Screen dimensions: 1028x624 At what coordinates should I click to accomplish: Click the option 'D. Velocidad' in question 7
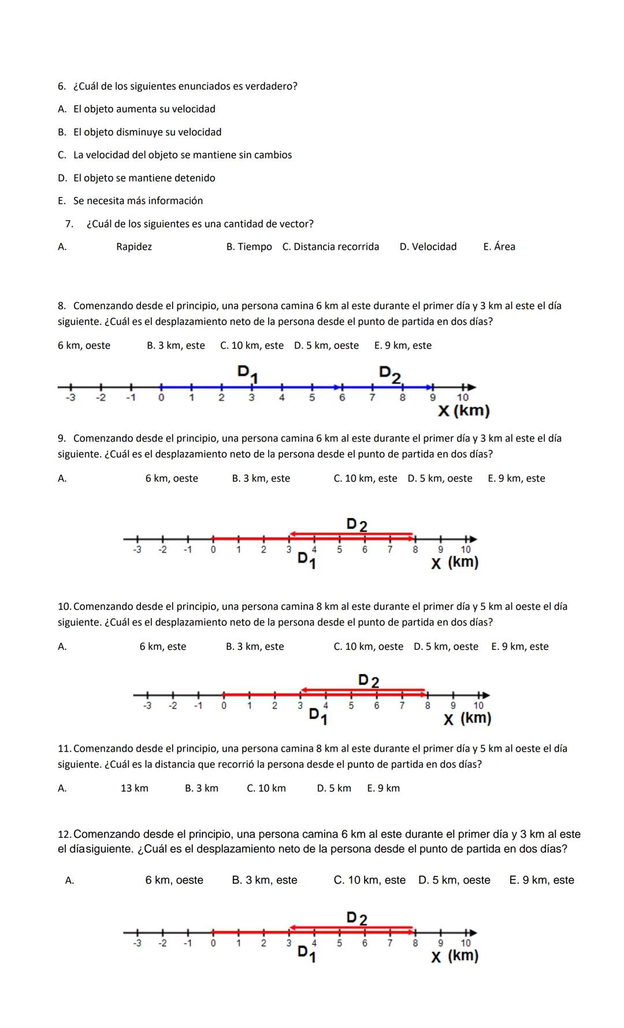pyautogui.click(x=428, y=247)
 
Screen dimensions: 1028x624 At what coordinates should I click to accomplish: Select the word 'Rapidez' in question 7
pyautogui.click(x=134, y=247)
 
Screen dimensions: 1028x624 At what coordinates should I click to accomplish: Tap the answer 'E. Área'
pyautogui.click(x=499, y=247)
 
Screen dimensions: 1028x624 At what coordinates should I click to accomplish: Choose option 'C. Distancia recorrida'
pyautogui.click(x=330, y=247)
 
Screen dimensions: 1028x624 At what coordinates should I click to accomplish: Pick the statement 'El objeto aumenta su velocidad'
pyautogui.click(x=144, y=109)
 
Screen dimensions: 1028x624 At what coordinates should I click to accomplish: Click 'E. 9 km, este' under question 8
pyautogui.click(x=403, y=346)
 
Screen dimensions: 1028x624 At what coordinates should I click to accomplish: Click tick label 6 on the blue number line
pyautogui.click(x=342, y=398)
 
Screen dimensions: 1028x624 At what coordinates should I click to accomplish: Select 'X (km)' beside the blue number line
pyautogui.click(x=463, y=411)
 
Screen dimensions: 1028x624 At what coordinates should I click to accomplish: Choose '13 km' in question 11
pyautogui.click(x=135, y=788)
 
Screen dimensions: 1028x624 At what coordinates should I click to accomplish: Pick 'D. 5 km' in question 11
pyautogui.click(x=334, y=788)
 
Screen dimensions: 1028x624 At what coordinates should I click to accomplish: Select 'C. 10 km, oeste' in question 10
pyautogui.click(x=368, y=646)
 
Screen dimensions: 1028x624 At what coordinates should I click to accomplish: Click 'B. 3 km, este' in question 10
pyautogui.click(x=255, y=646)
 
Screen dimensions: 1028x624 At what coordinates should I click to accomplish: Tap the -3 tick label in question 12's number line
pyautogui.click(x=137, y=943)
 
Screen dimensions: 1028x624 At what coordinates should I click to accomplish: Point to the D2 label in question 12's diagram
pyautogui.click(x=356, y=918)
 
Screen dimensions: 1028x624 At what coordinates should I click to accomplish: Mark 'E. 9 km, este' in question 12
pyautogui.click(x=541, y=880)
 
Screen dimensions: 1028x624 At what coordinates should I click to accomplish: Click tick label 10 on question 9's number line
pyautogui.click(x=466, y=550)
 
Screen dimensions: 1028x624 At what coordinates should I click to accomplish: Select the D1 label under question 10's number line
pyautogui.click(x=318, y=716)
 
